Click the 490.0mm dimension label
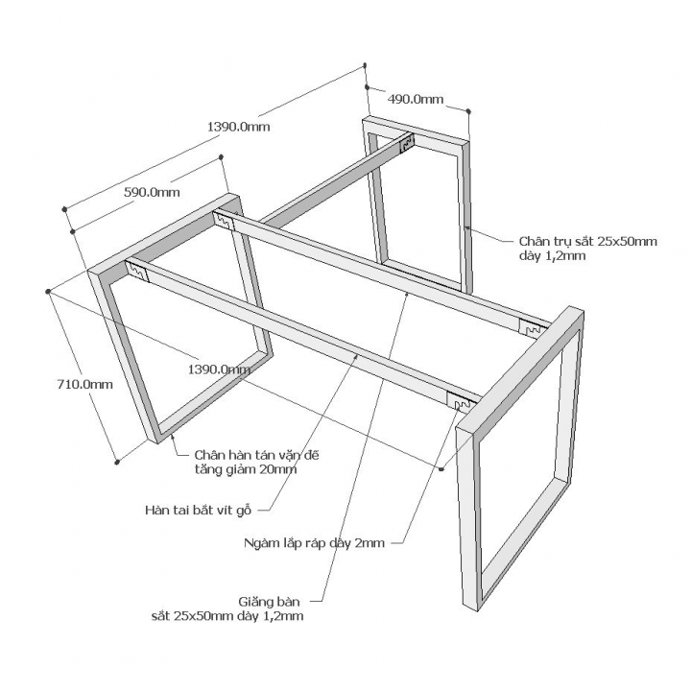pyautogui.click(x=416, y=99)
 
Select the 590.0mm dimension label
pyautogui.click(x=152, y=192)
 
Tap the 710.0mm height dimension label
pyautogui.click(x=84, y=384)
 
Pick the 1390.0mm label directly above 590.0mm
pyautogui.click(x=238, y=127)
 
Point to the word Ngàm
pyautogui.click(x=261, y=543)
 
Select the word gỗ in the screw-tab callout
pyautogui.click(x=243, y=511)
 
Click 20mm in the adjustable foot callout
pyautogui.click(x=277, y=469)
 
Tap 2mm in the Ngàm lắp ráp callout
pyautogui.click(x=369, y=543)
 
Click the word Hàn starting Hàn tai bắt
pyautogui.click(x=156, y=511)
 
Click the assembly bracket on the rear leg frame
pyautogui.click(x=407, y=143)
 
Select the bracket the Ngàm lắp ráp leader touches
pyautogui.click(x=461, y=399)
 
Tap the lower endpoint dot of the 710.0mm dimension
pyautogui.click(x=117, y=462)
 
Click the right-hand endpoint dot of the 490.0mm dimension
pyautogui.click(x=468, y=111)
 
